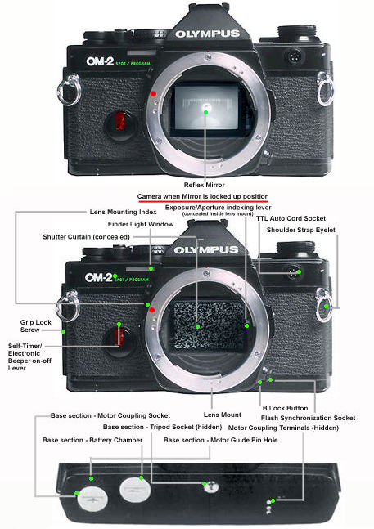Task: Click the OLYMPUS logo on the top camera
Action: click(206, 34)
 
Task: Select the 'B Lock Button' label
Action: click(285, 406)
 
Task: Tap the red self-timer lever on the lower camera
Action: click(121, 336)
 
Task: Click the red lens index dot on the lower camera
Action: click(151, 309)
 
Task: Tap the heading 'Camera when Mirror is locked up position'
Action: click(204, 197)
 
